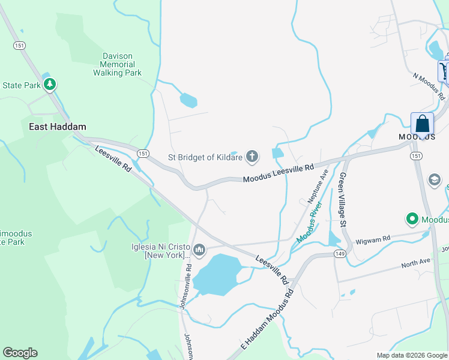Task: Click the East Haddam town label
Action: pos(58,127)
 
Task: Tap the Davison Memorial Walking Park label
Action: pos(117,64)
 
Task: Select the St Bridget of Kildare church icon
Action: pos(253,158)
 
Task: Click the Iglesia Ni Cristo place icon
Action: pos(199,249)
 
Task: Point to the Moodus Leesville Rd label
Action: pos(279,173)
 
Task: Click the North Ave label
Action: pos(416,263)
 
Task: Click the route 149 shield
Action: pos(339,254)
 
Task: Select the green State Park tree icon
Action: pos(50,84)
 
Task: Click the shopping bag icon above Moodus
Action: pos(422,124)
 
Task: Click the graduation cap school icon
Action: pos(434,180)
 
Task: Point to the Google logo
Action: pos(20,353)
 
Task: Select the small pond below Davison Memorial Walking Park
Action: pos(188,100)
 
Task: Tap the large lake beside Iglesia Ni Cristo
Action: pos(216,274)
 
